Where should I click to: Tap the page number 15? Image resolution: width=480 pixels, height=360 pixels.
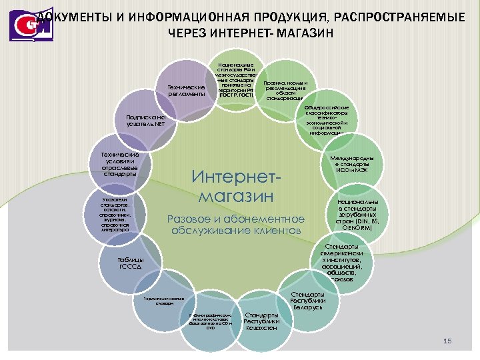pos(447,341)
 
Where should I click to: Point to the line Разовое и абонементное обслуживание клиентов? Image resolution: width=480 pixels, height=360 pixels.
pos(236,225)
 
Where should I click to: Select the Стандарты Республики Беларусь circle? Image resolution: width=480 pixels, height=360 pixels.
pos(307,301)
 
